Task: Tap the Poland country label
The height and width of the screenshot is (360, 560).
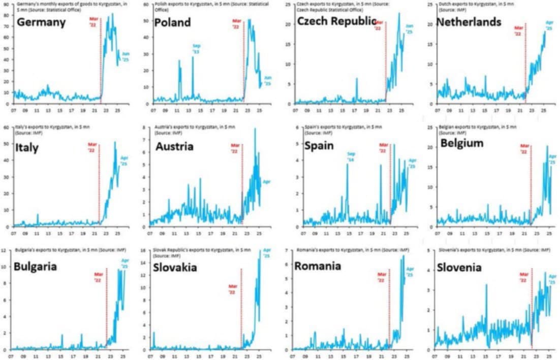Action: click(x=172, y=23)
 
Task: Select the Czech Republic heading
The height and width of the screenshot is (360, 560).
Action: click(x=336, y=21)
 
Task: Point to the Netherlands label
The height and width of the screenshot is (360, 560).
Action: click(x=469, y=22)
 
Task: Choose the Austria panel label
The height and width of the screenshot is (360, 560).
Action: click(x=174, y=147)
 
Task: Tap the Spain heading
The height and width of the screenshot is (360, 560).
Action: click(x=319, y=146)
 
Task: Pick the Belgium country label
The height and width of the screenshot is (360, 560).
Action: click(x=462, y=144)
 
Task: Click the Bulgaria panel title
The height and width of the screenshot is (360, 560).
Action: click(x=36, y=267)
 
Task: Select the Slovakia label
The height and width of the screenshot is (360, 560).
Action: click(x=175, y=268)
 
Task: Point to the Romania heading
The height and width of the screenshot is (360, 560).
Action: click(x=318, y=266)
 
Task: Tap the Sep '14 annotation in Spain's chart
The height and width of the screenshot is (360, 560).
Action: click(x=351, y=157)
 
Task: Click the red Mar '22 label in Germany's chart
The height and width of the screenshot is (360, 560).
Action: click(x=92, y=23)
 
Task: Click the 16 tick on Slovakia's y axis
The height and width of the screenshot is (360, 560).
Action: click(x=144, y=250)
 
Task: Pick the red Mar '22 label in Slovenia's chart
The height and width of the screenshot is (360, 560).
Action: click(x=523, y=278)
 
